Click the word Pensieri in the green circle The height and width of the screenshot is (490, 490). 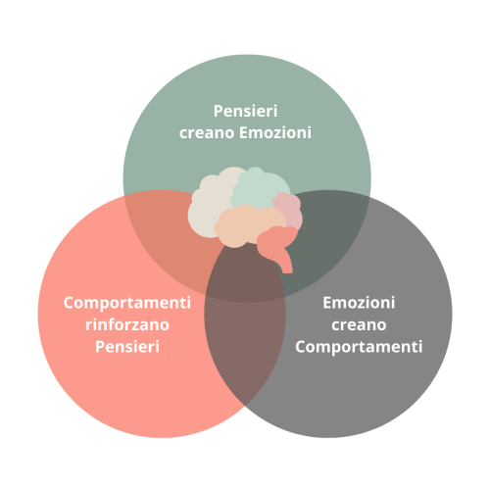[x=245, y=111]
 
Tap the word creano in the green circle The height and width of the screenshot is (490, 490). [x=207, y=133]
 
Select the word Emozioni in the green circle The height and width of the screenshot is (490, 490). [x=275, y=132]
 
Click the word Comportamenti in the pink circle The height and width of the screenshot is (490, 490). [x=127, y=303]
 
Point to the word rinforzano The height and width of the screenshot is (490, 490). [x=127, y=324]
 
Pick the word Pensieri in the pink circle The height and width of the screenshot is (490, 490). [x=127, y=347]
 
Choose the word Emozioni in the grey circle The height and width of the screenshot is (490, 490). [x=359, y=303]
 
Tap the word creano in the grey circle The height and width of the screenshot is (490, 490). [x=359, y=325]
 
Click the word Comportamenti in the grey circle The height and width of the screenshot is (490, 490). [x=359, y=347]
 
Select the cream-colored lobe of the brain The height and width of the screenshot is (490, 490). [x=209, y=206]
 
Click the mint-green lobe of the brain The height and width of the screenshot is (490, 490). [x=260, y=189]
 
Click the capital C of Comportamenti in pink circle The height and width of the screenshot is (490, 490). [x=69, y=303]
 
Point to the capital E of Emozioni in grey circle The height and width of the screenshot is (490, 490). [x=327, y=303]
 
